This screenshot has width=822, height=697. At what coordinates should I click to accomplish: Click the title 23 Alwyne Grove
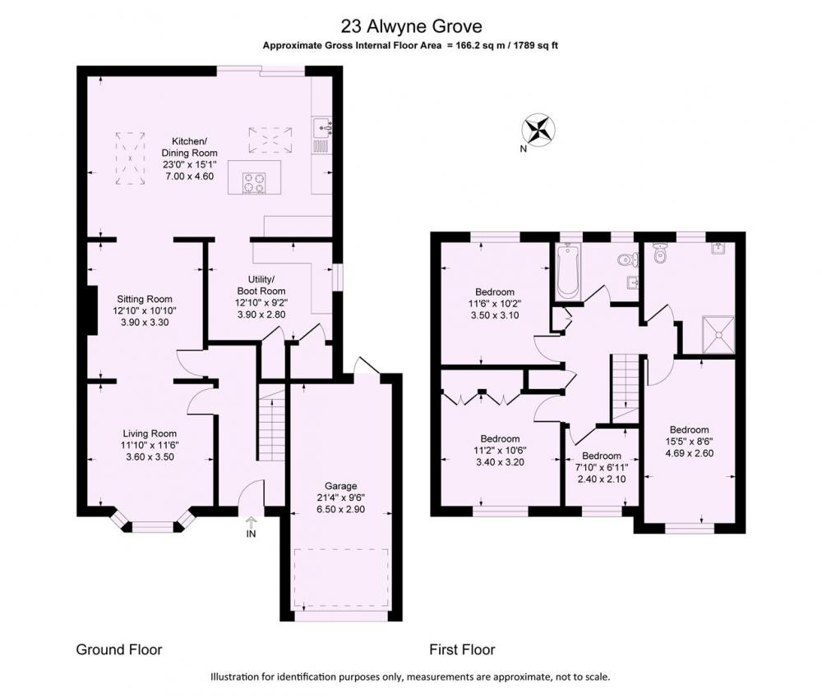click(411, 25)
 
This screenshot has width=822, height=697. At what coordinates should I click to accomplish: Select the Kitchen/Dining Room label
click(189, 147)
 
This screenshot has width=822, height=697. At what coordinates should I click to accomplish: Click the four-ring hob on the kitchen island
click(254, 183)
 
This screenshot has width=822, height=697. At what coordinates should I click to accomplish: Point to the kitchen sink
click(321, 126)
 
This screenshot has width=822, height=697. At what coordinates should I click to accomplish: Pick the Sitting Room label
click(145, 299)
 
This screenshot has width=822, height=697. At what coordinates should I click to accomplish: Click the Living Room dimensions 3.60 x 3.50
click(150, 456)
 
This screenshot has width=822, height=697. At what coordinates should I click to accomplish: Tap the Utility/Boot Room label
click(261, 285)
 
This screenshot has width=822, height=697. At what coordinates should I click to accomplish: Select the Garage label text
click(341, 486)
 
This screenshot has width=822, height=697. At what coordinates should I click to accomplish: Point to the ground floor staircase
click(270, 422)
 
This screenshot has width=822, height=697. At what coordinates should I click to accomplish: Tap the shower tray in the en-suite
click(718, 334)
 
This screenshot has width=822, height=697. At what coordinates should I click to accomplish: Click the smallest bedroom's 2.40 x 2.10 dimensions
click(602, 479)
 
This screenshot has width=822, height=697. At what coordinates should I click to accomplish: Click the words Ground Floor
click(119, 650)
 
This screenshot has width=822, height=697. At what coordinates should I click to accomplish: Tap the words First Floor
click(462, 650)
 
